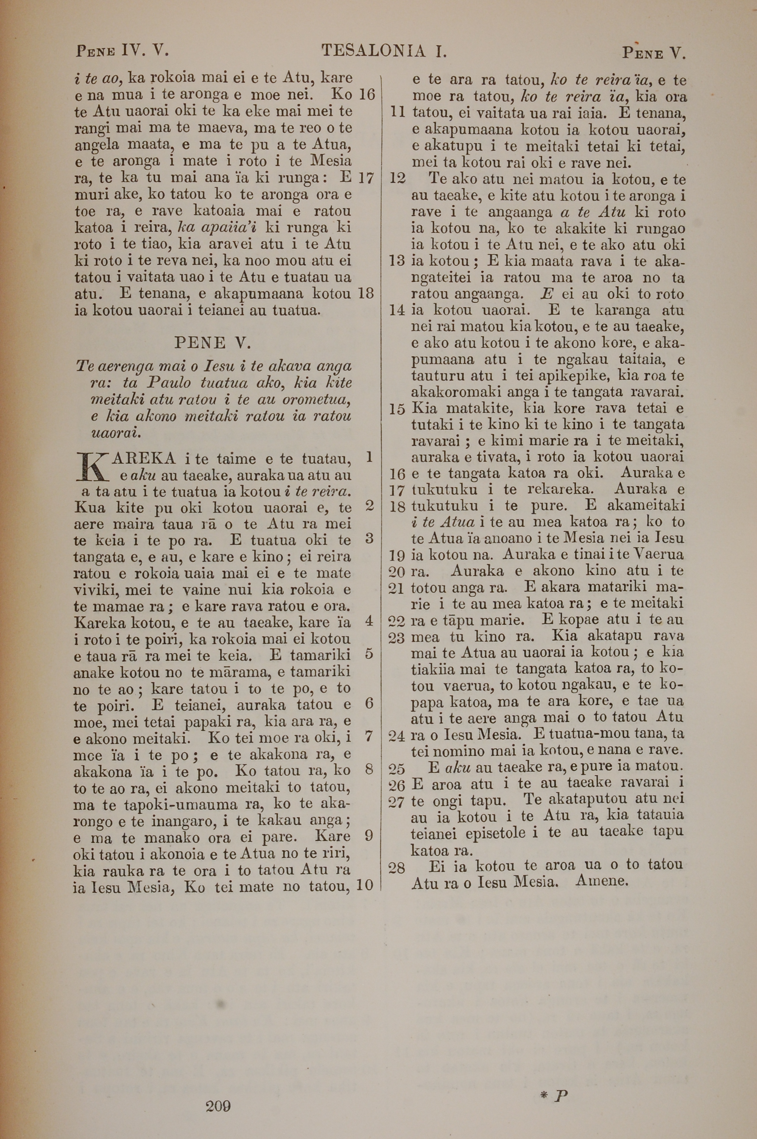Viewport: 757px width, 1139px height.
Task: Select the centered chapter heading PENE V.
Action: click(212, 343)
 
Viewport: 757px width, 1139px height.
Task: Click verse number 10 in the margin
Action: click(365, 885)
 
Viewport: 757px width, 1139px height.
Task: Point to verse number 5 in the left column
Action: click(369, 654)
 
